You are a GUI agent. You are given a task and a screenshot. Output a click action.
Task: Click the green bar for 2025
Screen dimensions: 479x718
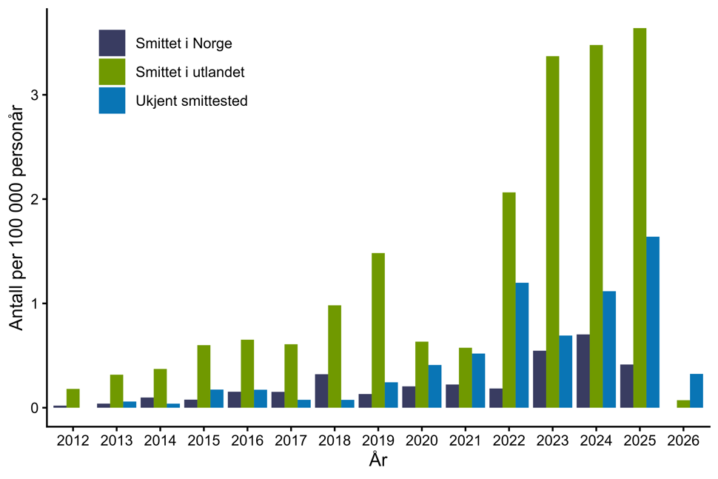click(x=640, y=218)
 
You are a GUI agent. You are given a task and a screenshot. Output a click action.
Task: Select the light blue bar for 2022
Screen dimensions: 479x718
click(x=522, y=345)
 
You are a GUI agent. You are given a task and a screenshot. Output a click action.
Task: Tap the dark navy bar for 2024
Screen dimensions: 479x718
click(x=583, y=371)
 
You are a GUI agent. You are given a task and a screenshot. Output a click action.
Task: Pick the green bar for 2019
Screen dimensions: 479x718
click(x=378, y=330)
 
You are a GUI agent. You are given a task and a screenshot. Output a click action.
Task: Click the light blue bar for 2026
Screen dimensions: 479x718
click(x=697, y=391)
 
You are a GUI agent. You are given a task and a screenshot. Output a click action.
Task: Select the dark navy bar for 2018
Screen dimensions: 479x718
click(x=321, y=391)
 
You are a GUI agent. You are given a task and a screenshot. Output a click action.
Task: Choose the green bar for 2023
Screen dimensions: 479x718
click(x=552, y=232)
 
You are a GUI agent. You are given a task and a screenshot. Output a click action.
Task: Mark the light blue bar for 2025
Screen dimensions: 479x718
click(x=653, y=322)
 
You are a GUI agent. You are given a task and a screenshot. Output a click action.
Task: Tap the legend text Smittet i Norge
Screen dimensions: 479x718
click(x=184, y=44)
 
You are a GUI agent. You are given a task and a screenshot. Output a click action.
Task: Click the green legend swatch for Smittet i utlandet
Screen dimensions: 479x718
click(x=112, y=72)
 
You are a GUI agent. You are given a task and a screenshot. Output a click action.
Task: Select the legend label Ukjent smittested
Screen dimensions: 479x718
click(x=191, y=101)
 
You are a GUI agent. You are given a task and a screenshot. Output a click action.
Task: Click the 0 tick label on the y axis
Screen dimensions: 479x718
click(x=34, y=408)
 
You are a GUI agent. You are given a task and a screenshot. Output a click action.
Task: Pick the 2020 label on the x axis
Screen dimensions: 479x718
click(x=422, y=441)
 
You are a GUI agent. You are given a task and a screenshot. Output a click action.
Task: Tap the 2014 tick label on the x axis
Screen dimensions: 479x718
click(x=160, y=441)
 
